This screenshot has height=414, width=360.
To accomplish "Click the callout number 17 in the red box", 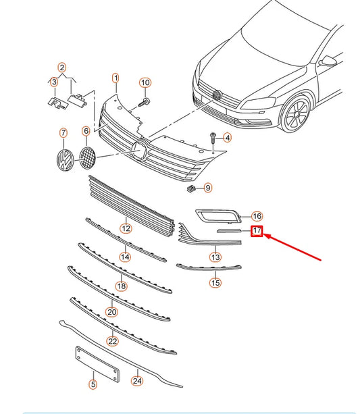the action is [257, 231].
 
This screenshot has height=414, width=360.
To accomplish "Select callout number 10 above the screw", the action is [145, 83].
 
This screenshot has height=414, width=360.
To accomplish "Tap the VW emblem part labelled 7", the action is [65, 159].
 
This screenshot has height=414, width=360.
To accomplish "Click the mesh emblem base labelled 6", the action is [87, 158].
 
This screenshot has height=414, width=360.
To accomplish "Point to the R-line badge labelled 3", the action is [58, 103].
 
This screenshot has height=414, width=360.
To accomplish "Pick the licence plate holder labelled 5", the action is [97, 364].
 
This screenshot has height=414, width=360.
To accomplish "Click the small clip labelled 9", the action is [191, 188].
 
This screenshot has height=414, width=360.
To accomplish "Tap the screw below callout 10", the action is [145, 102].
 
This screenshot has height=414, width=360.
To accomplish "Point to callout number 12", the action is [126, 228].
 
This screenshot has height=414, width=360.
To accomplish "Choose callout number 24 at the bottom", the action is [137, 381].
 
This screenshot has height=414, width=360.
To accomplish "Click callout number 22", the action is [112, 341].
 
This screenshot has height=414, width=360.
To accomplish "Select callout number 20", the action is [111, 312].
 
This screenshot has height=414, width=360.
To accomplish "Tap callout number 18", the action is [121, 286].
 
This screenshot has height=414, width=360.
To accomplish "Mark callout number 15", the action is [215, 283].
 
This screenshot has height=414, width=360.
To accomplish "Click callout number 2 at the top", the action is [62, 68].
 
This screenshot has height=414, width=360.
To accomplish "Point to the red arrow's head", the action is [265, 235].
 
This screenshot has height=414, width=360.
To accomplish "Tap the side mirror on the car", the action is [328, 61].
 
